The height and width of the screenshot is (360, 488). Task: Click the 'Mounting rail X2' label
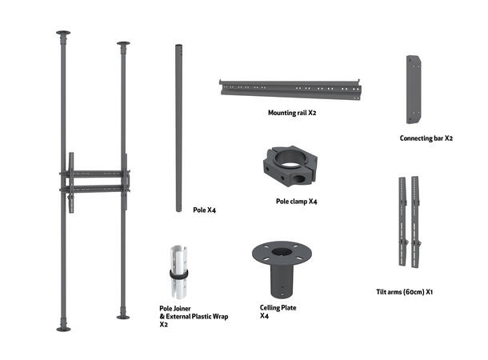point(292,113)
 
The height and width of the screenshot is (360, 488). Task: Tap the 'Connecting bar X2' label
point(426,138)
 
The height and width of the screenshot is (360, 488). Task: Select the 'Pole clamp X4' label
point(297,201)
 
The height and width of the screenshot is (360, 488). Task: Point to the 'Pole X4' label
point(205,210)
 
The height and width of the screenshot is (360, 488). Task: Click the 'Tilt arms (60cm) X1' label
point(404,292)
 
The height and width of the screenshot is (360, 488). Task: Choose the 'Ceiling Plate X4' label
point(278,311)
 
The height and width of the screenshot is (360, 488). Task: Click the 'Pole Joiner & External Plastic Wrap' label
point(194,315)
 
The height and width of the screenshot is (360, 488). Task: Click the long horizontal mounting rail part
point(293,88)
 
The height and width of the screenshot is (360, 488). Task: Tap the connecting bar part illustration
point(414,89)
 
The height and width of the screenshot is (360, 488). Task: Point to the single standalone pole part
point(178,128)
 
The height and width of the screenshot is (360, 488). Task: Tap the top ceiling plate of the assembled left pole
point(63,34)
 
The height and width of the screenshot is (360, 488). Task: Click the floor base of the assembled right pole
point(123,317)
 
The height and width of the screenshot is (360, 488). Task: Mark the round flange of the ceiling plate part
point(282,251)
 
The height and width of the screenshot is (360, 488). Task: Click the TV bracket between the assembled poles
point(94,181)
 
